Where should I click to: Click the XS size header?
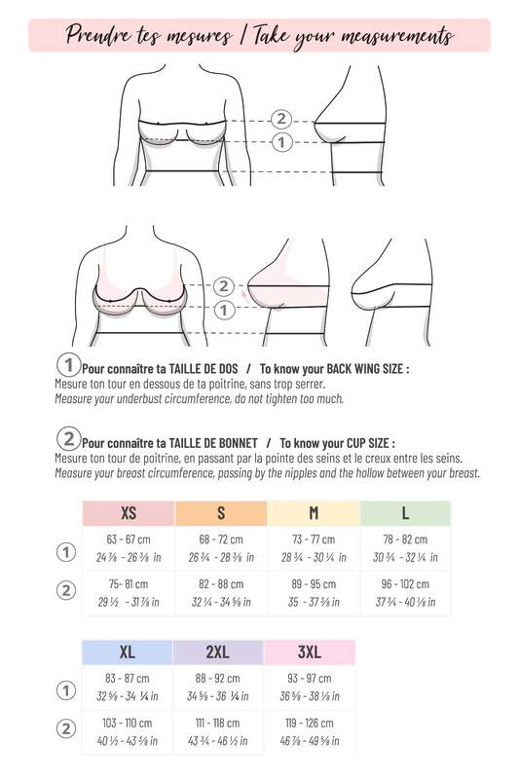point(129,513)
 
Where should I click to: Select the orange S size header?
point(221,513)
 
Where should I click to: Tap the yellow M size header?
point(314,513)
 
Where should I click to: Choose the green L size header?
point(405,513)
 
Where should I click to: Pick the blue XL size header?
point(128,652)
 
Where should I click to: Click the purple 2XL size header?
point(218,652)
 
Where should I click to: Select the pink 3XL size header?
point(310,652)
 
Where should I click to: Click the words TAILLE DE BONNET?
point(213,443)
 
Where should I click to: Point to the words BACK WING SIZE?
point(367,369)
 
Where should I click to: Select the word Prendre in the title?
point(98,35)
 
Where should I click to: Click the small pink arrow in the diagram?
point(244,296)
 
